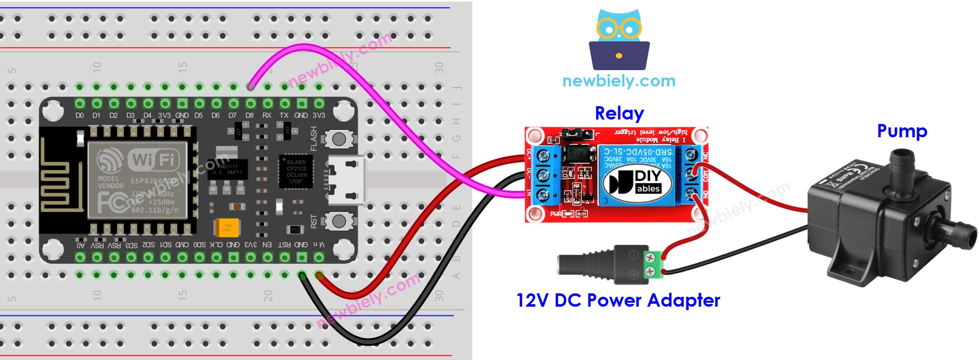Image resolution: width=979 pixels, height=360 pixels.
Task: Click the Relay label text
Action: pyautogui.click(x=619, y=114)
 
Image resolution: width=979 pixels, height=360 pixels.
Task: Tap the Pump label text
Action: pyautogui.click(x=901, y=131)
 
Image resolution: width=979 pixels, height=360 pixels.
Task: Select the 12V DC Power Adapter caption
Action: pyautogui.click(x=618, y=300)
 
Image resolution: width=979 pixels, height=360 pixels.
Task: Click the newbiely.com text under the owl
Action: pyautogui.click(x=618, y=81)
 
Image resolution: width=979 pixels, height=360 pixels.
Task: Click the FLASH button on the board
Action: pyautogui.click(x=339, y=139)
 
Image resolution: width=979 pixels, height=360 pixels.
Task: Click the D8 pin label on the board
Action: pyautogui.click(x=250, y=116)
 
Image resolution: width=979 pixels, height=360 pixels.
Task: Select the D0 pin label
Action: pyautogui.click(x=80, y=116)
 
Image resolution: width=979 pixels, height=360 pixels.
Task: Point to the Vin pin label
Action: pyautogui.click(x=319, y=244)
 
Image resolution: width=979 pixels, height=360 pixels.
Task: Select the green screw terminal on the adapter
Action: pyautogui.click(x=653, y=264)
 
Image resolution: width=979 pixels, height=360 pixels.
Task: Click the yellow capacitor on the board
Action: pyautogui.click(x=228, y=228)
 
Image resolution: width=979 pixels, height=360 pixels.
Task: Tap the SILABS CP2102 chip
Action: pyautogui.click(x=296, y=172)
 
